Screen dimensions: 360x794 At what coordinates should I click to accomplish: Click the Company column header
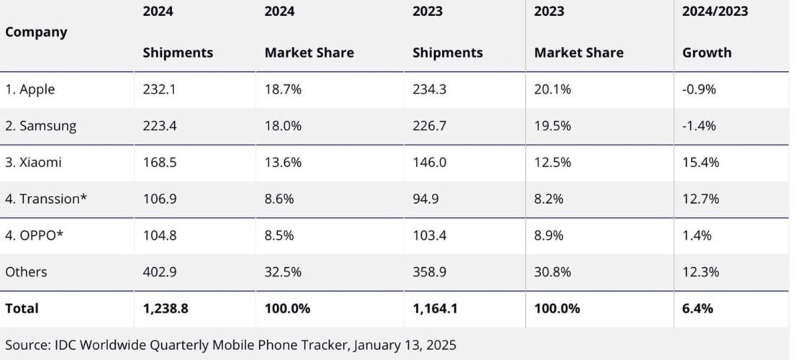point(36,32)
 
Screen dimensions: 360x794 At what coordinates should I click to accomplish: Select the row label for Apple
point(30,89)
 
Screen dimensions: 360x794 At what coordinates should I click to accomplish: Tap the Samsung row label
point(40,126)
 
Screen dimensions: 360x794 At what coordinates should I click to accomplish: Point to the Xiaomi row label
point(33,163)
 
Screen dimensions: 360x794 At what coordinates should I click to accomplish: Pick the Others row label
point(26,272)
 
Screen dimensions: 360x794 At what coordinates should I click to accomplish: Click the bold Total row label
point(22,308)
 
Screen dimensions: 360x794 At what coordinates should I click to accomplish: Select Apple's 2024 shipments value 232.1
point(158,89)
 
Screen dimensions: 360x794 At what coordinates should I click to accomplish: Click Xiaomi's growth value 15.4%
point(700,163)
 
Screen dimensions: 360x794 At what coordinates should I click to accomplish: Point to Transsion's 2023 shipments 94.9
point(425,199)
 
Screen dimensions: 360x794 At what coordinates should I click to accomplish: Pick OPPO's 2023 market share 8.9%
point(549,235)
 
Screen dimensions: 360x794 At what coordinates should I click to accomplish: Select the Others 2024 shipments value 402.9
point(159,272)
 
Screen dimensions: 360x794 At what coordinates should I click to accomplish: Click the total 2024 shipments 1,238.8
point(166,308)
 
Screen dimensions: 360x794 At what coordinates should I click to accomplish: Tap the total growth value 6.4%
point(698,308)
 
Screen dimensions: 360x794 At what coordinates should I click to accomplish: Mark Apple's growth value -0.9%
point(699,89)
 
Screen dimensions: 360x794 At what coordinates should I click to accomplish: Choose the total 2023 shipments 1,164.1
point(436,308)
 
